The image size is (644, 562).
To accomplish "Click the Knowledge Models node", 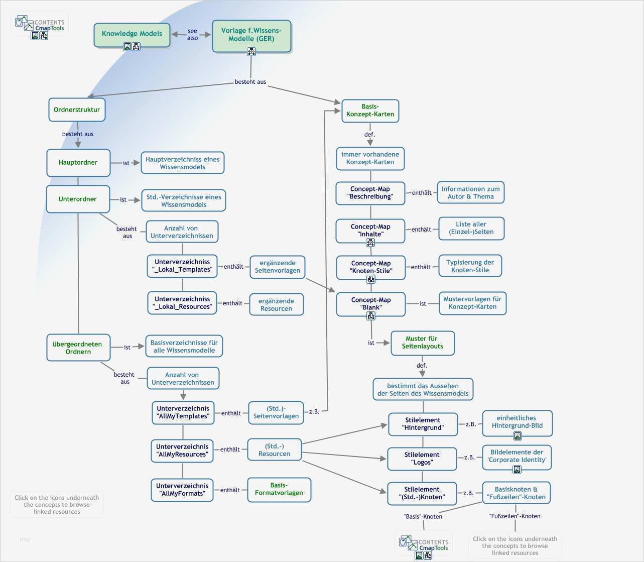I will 132,34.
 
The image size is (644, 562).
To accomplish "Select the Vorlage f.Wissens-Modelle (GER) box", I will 251,35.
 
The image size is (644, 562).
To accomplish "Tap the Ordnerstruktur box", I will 77,109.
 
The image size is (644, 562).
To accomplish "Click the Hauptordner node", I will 78,162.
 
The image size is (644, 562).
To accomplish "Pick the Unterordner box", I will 78,199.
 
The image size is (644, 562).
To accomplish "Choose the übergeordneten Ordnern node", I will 78,348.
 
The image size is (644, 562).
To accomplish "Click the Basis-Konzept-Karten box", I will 370,110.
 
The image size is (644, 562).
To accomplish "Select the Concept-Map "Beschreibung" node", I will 370,193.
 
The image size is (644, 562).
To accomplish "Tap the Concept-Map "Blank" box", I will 370,303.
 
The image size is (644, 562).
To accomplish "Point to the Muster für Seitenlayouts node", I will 422,343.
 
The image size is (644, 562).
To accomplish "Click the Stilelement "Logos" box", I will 422,459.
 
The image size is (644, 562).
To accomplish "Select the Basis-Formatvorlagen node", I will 279,489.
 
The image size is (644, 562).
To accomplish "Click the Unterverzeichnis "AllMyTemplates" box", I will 183,412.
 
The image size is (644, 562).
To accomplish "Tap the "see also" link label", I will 192,34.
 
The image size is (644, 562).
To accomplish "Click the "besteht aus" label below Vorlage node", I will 250,81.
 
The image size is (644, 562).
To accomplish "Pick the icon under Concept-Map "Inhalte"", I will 370,243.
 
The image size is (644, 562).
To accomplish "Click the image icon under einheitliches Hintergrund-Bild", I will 517,435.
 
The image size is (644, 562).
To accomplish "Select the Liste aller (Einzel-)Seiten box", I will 471,228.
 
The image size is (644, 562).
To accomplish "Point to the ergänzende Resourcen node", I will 276,304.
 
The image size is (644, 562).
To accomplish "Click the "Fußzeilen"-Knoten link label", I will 514,516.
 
